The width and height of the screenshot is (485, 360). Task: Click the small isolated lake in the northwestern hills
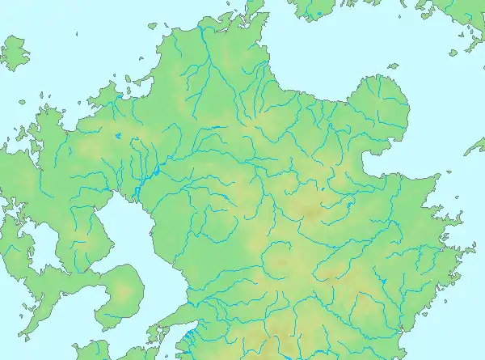(x=119, y=137)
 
